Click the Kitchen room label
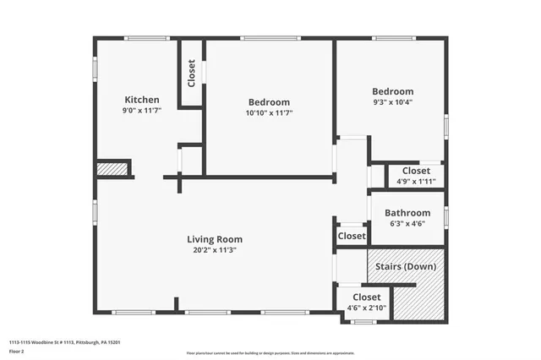point(142,100)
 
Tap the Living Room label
point(215,239)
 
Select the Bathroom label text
point(407,213)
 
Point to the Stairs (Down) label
point(407,267)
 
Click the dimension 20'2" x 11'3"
point(215,250)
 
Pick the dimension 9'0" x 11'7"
point(142,111)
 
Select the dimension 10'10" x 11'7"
point(269,113)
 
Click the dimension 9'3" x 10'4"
point(393,103)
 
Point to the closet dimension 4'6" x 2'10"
point(366,308)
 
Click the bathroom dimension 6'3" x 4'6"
point(407,224)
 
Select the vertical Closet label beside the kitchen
point(192,73)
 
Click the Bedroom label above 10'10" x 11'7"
point(269,102)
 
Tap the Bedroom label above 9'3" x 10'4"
point(393,91)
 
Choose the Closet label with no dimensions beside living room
point(352,237)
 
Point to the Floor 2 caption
point(18,352)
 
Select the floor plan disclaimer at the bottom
point(270,352)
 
